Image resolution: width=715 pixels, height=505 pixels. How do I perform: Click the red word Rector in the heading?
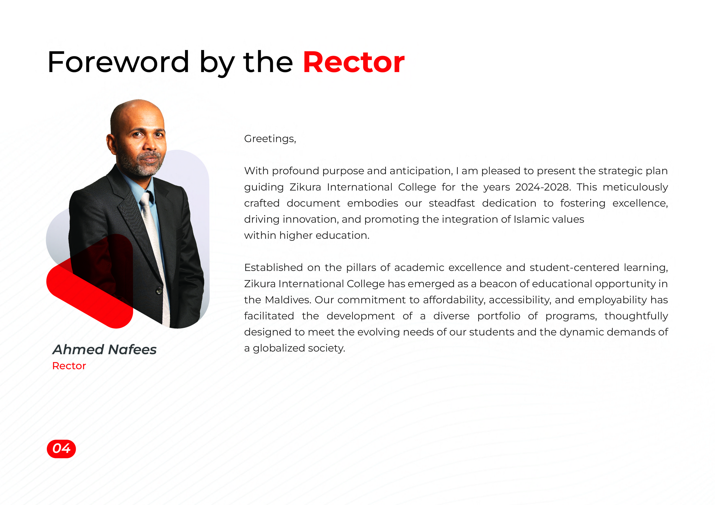click(354, 62)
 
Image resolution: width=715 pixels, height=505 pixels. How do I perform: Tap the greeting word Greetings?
click(270, 139)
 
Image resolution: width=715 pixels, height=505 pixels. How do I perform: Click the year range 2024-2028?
click(543, 187)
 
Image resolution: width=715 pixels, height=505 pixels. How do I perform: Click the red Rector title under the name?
click(69, 366)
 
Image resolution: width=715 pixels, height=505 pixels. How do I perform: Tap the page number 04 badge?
click(61, 449)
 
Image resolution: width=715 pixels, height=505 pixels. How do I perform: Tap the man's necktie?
click(155, 255)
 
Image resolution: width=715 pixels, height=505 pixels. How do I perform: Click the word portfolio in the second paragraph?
click(499, 316)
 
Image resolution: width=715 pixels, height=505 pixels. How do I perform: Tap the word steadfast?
click(452, 203)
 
